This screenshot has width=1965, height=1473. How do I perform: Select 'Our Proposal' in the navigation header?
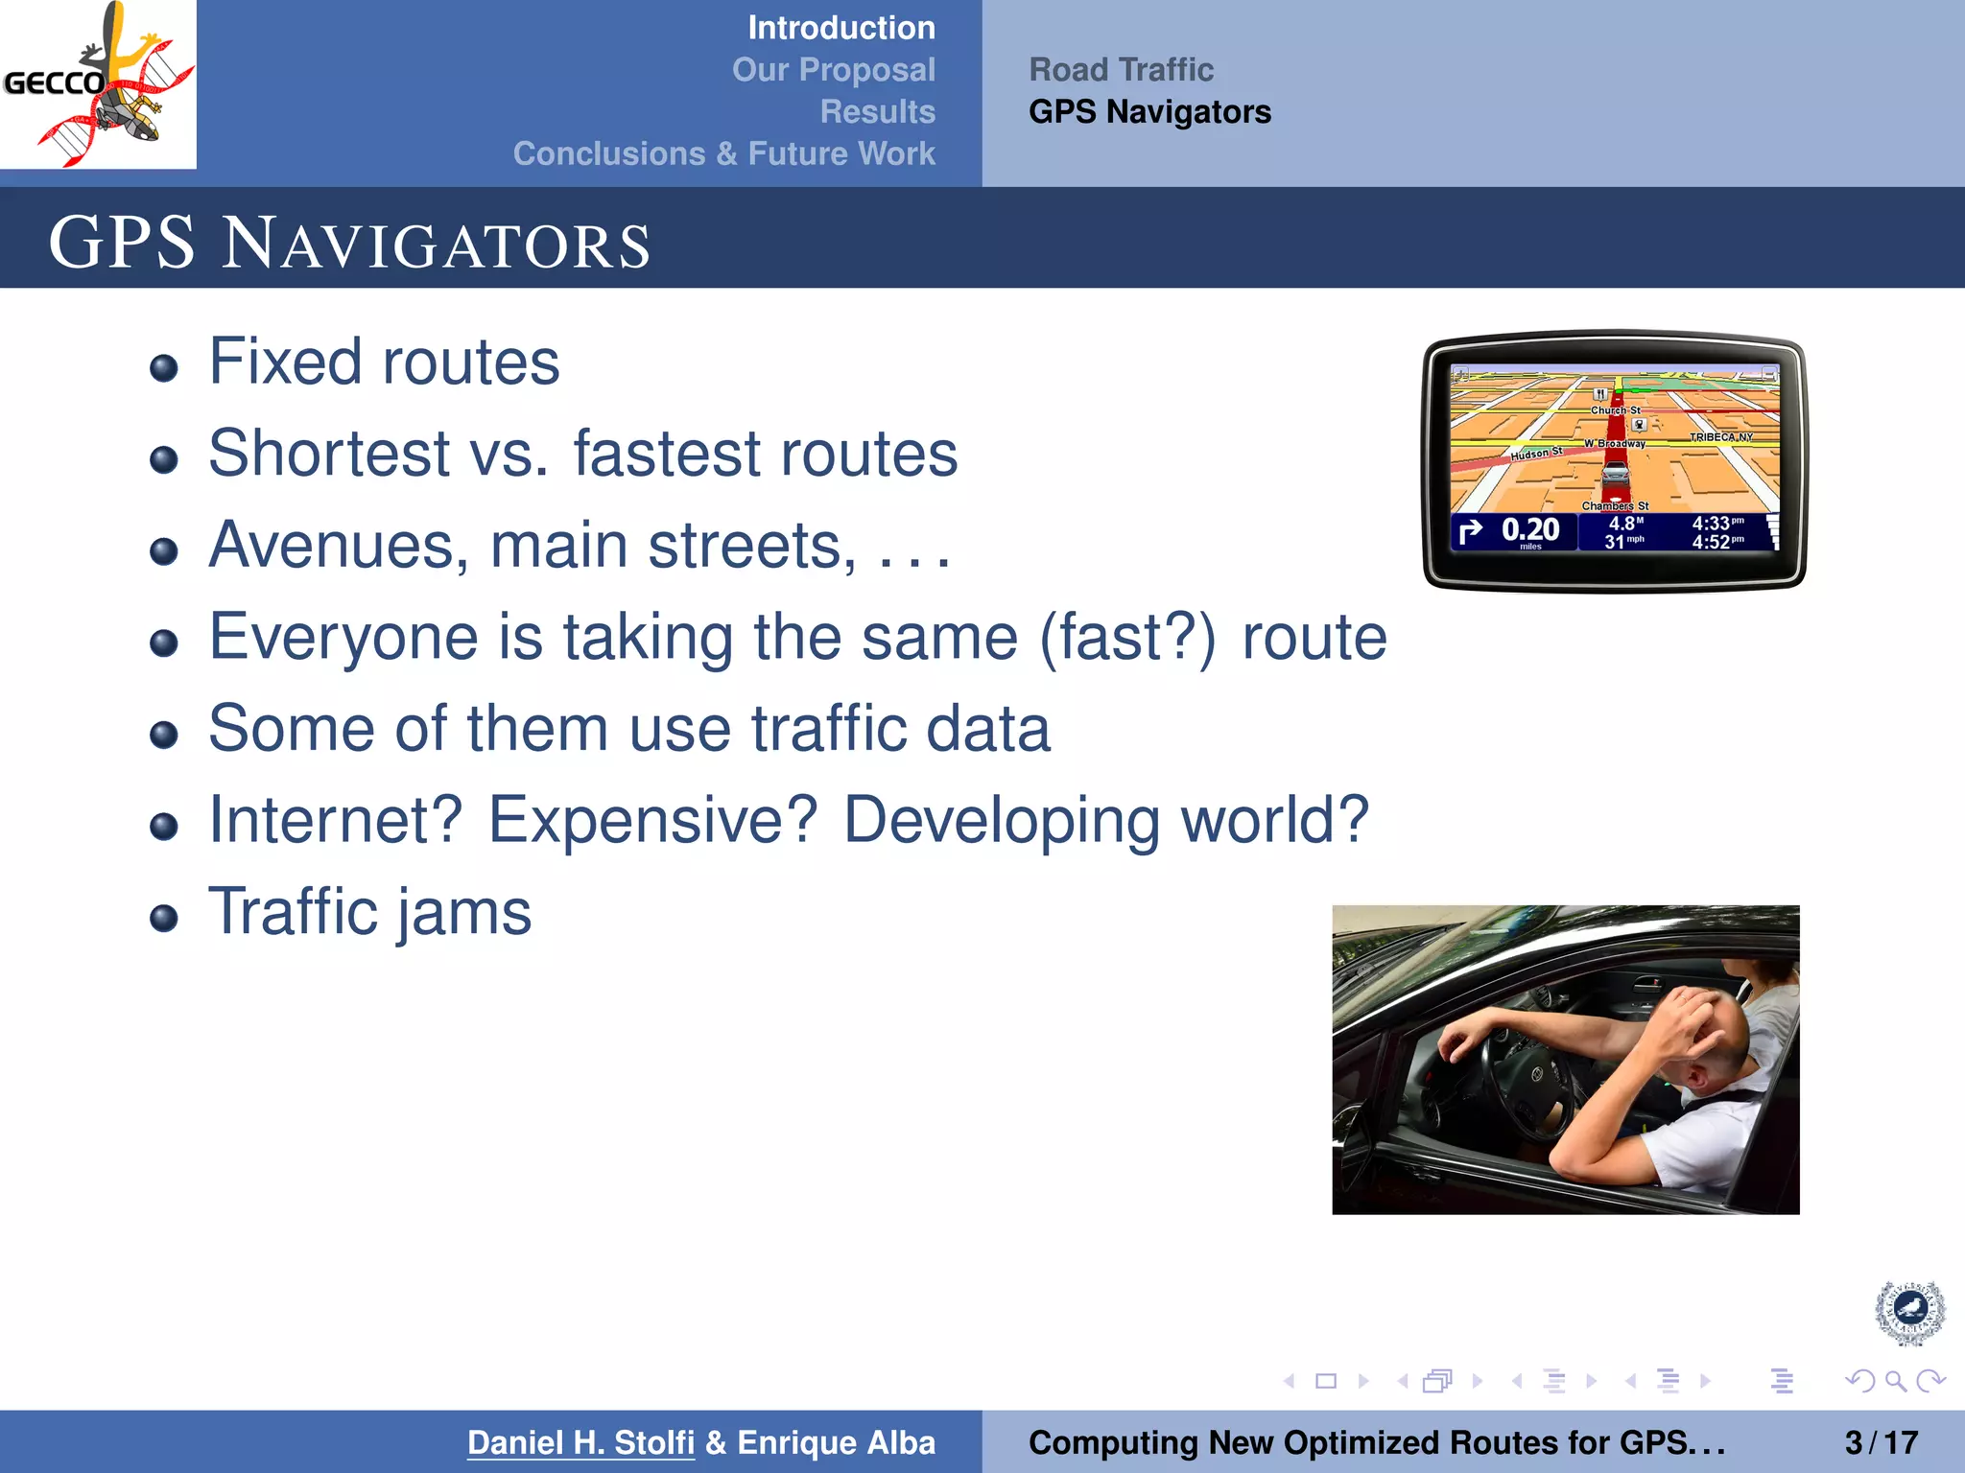(x=833, y=70)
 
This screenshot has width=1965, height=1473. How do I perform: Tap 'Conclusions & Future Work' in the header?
(x=723, y=153)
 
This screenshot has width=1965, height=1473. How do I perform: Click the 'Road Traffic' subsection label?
(x=1121, y=70)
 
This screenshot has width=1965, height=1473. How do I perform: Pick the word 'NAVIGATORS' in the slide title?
(x=437, y=245)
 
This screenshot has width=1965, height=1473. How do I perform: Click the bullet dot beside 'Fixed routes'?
(x=164, y=367)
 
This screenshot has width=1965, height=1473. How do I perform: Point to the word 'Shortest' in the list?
(x=329, y=454)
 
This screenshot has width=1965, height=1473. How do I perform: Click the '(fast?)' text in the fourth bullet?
(x=1127, y=638)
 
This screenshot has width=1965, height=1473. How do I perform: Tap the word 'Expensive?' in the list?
(x=652, y=821)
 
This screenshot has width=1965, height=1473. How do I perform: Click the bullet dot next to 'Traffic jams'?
(x=164, y=918)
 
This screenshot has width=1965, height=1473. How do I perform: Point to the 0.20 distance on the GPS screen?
(x=1529, y=529)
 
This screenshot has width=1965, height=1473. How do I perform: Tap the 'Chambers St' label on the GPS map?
(x=1615, y=505)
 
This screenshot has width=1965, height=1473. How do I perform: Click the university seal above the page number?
(x=1909, y=1311)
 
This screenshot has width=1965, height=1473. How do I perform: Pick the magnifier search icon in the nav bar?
(x=1895, y=1381)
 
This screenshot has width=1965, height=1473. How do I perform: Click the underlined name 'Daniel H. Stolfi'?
(x=580, y=1442)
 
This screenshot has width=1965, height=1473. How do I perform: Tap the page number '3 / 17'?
(x=1881, y=1442)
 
